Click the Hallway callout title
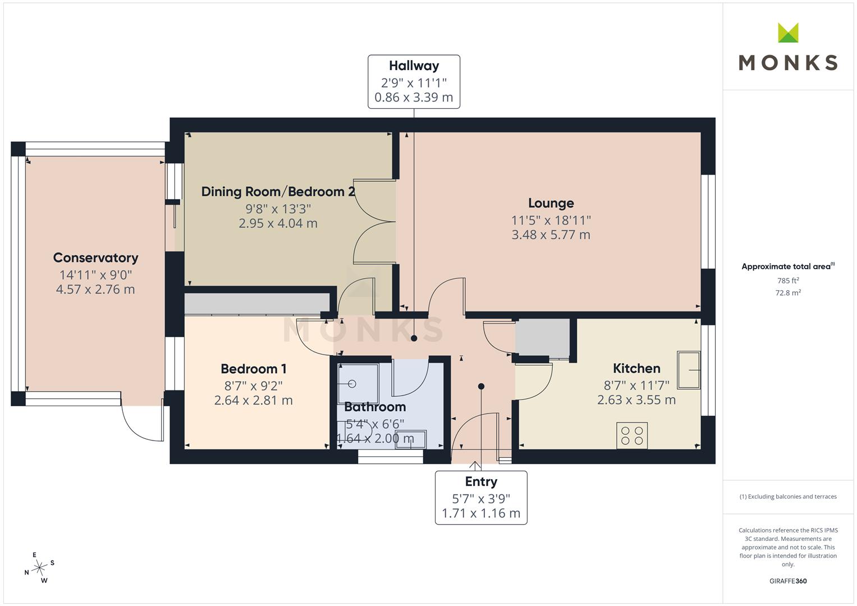point(414,66)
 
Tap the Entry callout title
point(481,481)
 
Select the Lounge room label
point(551,203)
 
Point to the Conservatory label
point(95,258)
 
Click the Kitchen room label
point(636,369)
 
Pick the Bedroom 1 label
point(253,369)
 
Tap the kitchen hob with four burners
point(632,435)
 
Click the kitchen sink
point(689,370)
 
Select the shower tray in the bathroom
point(358,384)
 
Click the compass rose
point(39,568)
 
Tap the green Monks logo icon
point(788,33)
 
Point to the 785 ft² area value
point(788,281)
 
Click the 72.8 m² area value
point(788,293)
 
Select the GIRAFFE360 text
point(788,581)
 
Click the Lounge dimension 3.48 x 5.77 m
point(551,235)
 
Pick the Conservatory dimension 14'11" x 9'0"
point(95,275)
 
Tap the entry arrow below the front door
point(475,466)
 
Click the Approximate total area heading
point(788,267)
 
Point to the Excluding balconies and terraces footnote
point(788,497)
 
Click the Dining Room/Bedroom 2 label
point(278,192)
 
